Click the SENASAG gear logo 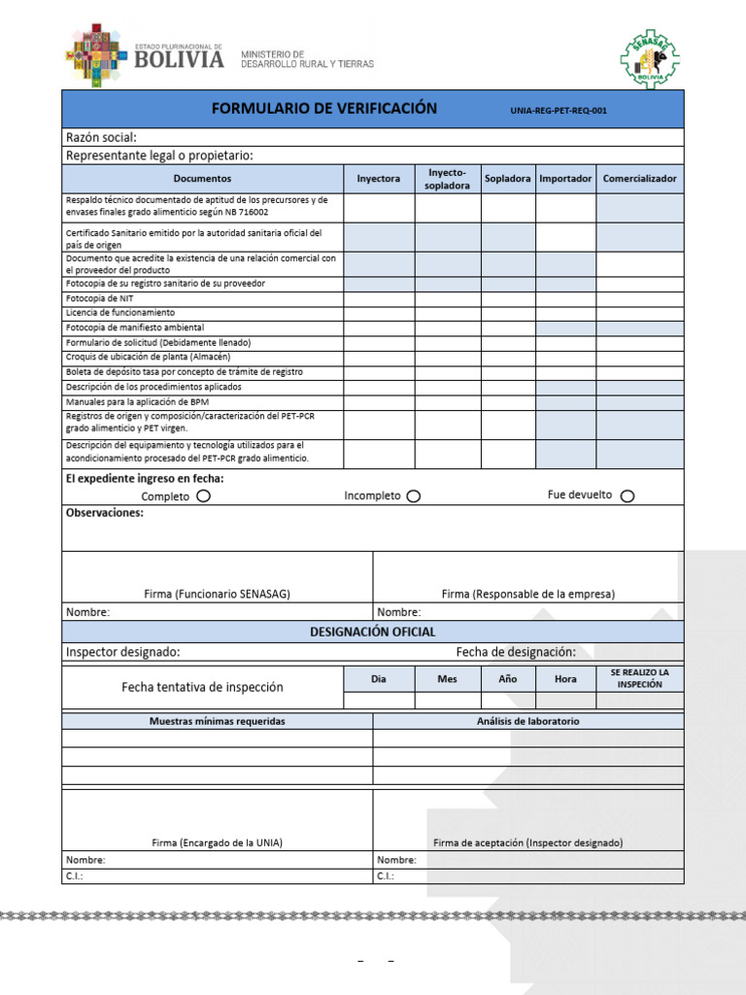coord(650,58)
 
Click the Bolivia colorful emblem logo coord(95,55)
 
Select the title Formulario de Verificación coord(324,109)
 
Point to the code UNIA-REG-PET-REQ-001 coord(559,111)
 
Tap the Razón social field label coord(101,137)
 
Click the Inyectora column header coord(379,179)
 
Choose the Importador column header coord(565,179)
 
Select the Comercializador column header coord(639,179)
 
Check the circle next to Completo coord(203,496)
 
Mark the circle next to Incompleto coord(414,496)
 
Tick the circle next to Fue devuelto coord(627,496)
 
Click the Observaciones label coord(104,512)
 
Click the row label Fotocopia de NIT coord(99,298)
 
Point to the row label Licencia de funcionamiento coord(120,313)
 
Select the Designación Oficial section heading coord(372,632)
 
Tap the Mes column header coord(447,679)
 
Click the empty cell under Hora coord(565,700)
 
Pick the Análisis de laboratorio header coord(527,721)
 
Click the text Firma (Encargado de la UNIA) coord(218,842)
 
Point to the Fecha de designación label coord(516,652)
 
